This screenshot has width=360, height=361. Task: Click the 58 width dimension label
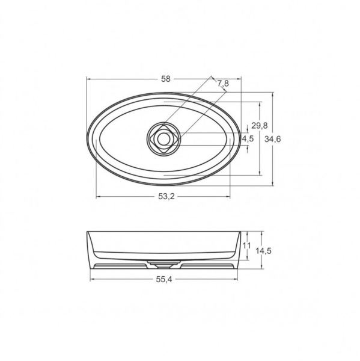(166, 79)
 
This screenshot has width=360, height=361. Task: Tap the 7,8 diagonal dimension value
(223, 84)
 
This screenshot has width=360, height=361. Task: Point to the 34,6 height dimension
(275, 139)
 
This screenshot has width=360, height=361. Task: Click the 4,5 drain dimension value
(248, 139)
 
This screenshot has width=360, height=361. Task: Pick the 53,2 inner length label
(166, 196)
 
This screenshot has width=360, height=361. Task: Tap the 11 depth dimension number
(246, 245)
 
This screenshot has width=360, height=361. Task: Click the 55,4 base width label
(165, 279)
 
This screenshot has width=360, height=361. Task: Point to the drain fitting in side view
(163, 263)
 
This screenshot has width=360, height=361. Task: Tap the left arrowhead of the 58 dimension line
(88, 79)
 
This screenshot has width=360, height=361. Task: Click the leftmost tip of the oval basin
(87, 139)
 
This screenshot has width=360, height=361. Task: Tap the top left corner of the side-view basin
(88, 232)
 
